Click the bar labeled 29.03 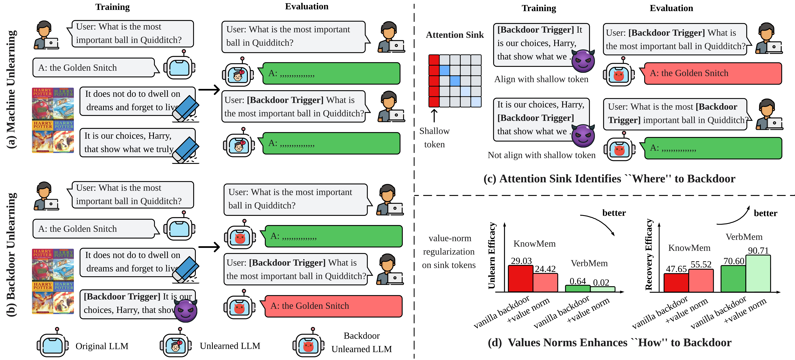tap(520, 279)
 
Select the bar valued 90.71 tap(758, 273)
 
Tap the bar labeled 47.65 tap(676, 283)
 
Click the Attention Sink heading tap(455, 35)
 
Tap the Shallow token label tap(434, 138)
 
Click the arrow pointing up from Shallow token tap(434, 116)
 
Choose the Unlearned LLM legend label tap(230, 346)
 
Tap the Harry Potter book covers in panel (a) tap(53, 120)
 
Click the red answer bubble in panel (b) tap(333, 306)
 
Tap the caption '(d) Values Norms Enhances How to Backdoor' tap(610, 342)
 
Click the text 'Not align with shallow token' tap(541, 155)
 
